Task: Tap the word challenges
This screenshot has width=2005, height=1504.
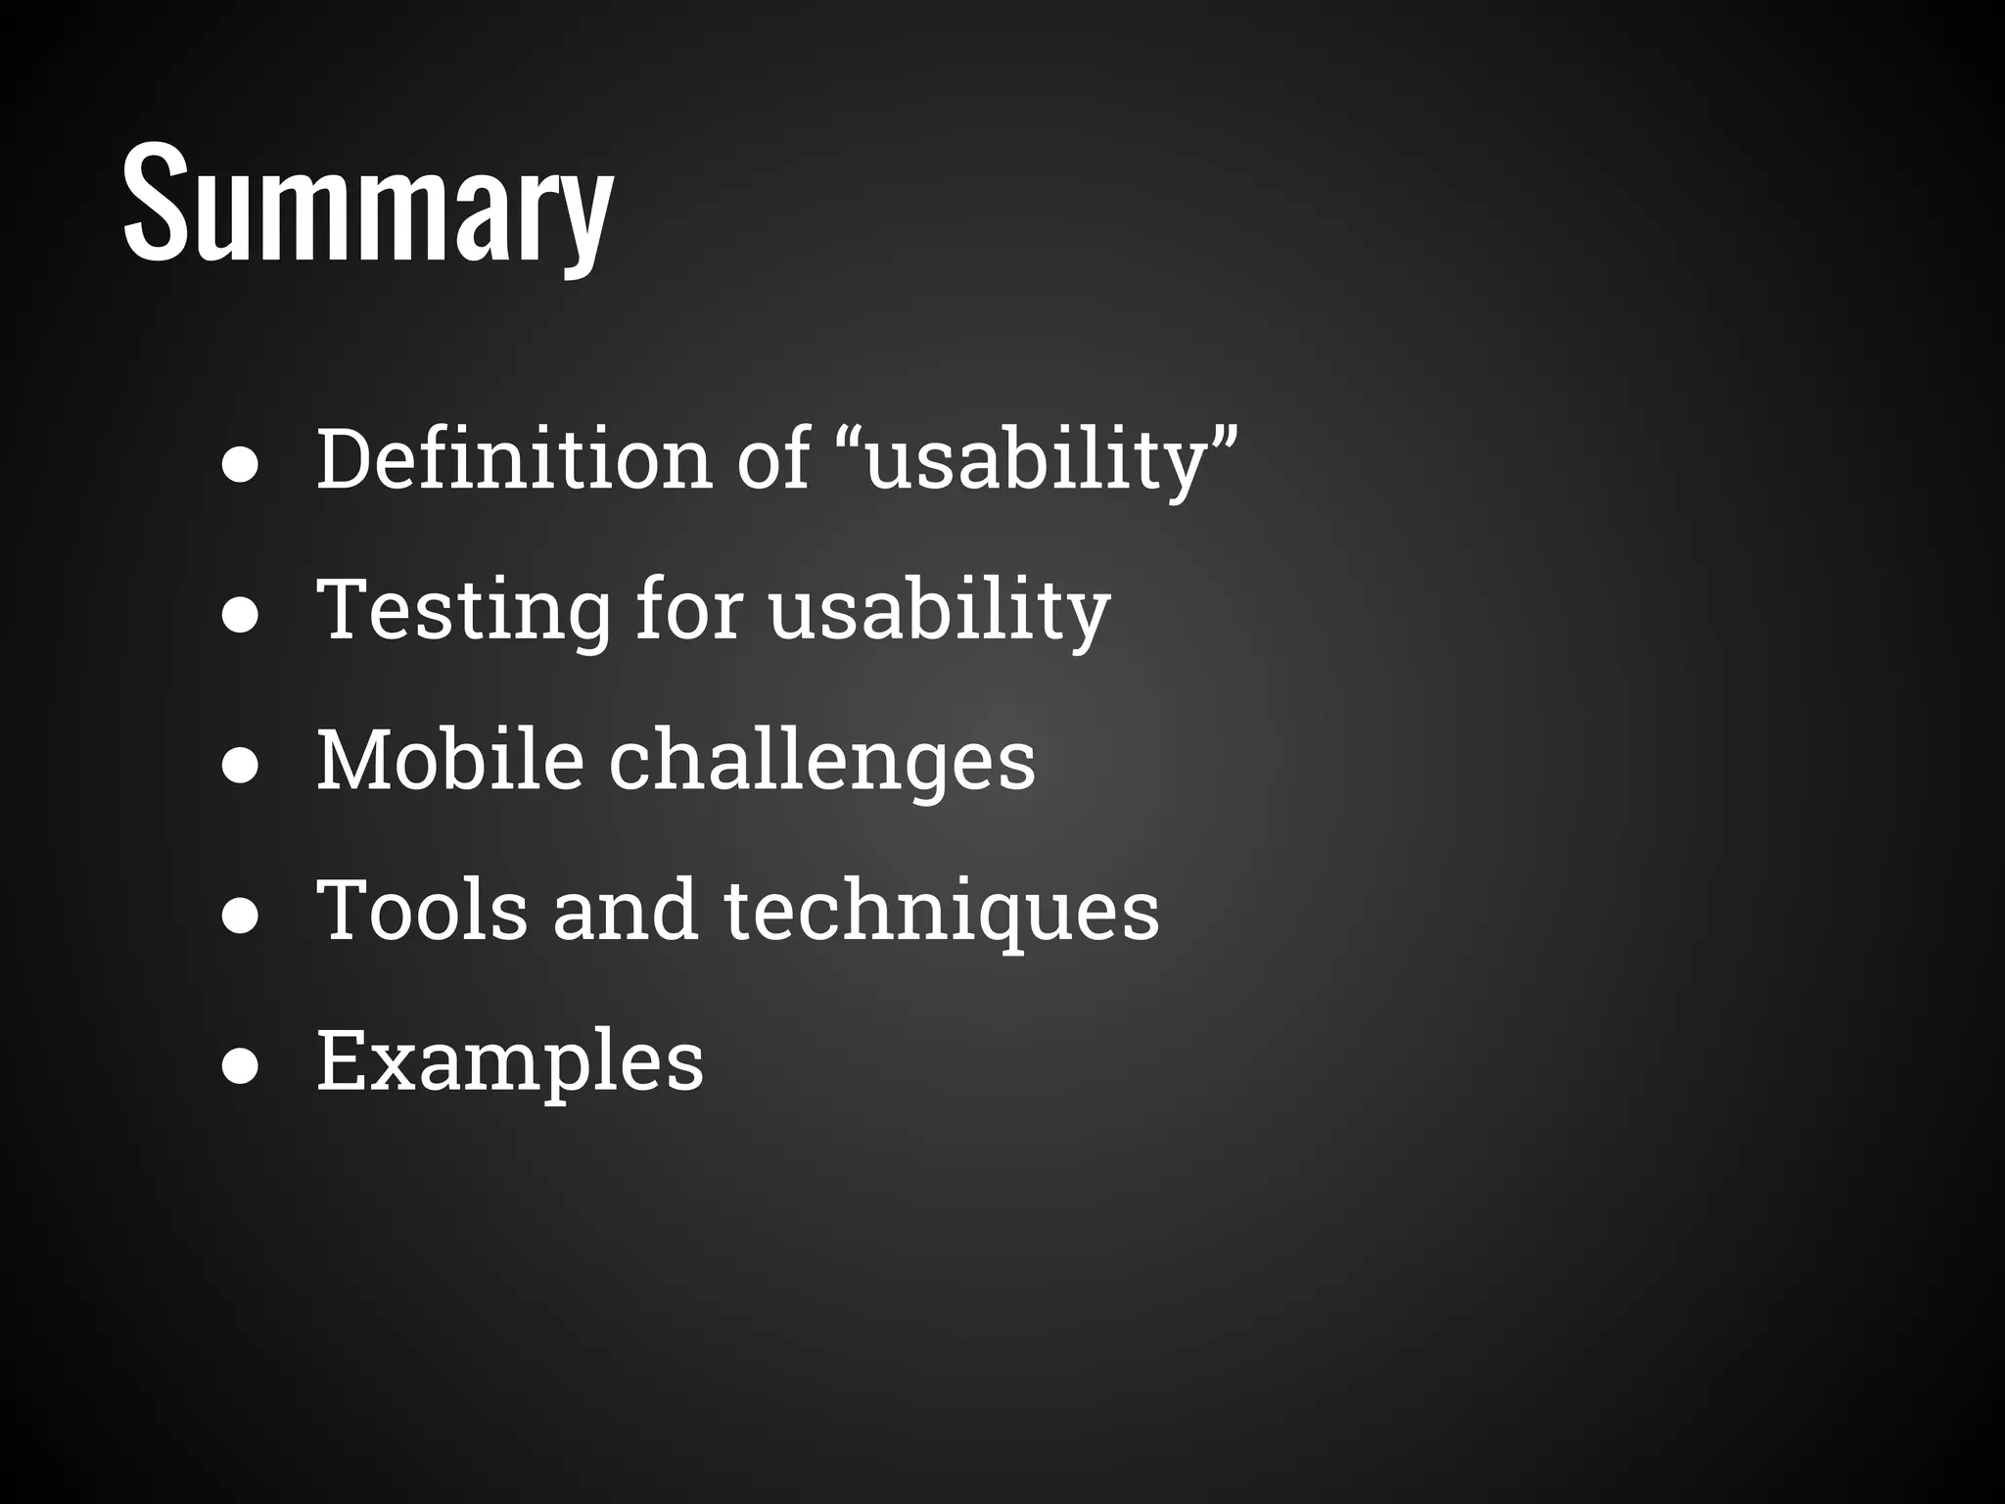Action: point(822,762)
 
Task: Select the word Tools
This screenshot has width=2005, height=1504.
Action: point(422,910)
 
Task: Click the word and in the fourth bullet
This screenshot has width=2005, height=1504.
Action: point(626,910)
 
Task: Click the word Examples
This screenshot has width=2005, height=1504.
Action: point(510,1061)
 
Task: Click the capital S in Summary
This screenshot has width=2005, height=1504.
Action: point(155,204)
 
